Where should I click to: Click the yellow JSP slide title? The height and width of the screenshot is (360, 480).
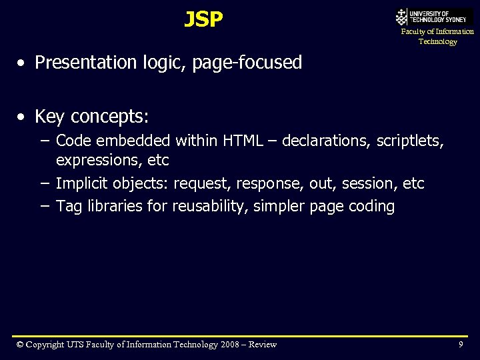pyautogui.click(x=203, y=20)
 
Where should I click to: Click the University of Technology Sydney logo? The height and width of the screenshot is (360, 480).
pyautogui.click(x=434, y=17)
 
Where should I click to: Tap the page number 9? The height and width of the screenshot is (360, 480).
pyautogui.click(x=461, y=344)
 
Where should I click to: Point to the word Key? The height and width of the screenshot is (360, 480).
pyautogui.click(x=50, y=117)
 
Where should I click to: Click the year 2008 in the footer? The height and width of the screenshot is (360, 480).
pyautogui.click(x=231, y=345)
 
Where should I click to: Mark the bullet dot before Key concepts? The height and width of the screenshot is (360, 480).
pyautogui.click(x=23, y=117)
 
